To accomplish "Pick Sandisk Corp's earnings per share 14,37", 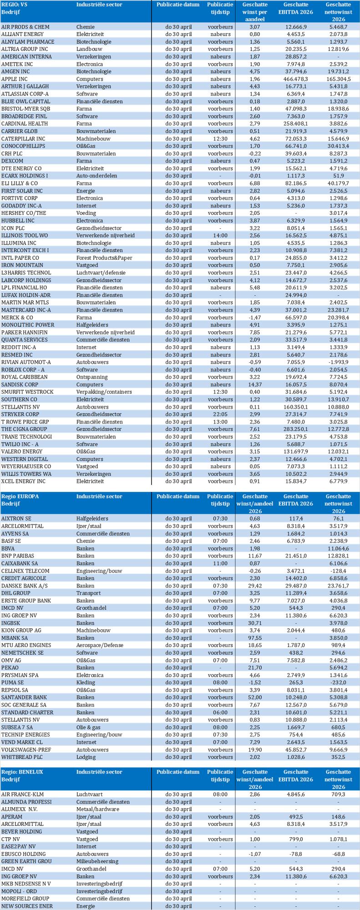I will (x=254, y=384).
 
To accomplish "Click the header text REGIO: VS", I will (x=15, y=5).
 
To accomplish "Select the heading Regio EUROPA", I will (x=20, y=496).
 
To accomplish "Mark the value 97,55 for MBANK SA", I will (x=254, y=638).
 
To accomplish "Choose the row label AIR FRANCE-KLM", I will (x=20, y=794).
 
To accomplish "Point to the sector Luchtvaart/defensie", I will (x=101, y=273).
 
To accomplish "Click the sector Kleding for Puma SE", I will (x=86, y=682).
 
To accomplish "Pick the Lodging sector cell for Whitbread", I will (x=86, y=757).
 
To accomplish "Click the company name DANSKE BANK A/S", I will (x=22, y=586).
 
